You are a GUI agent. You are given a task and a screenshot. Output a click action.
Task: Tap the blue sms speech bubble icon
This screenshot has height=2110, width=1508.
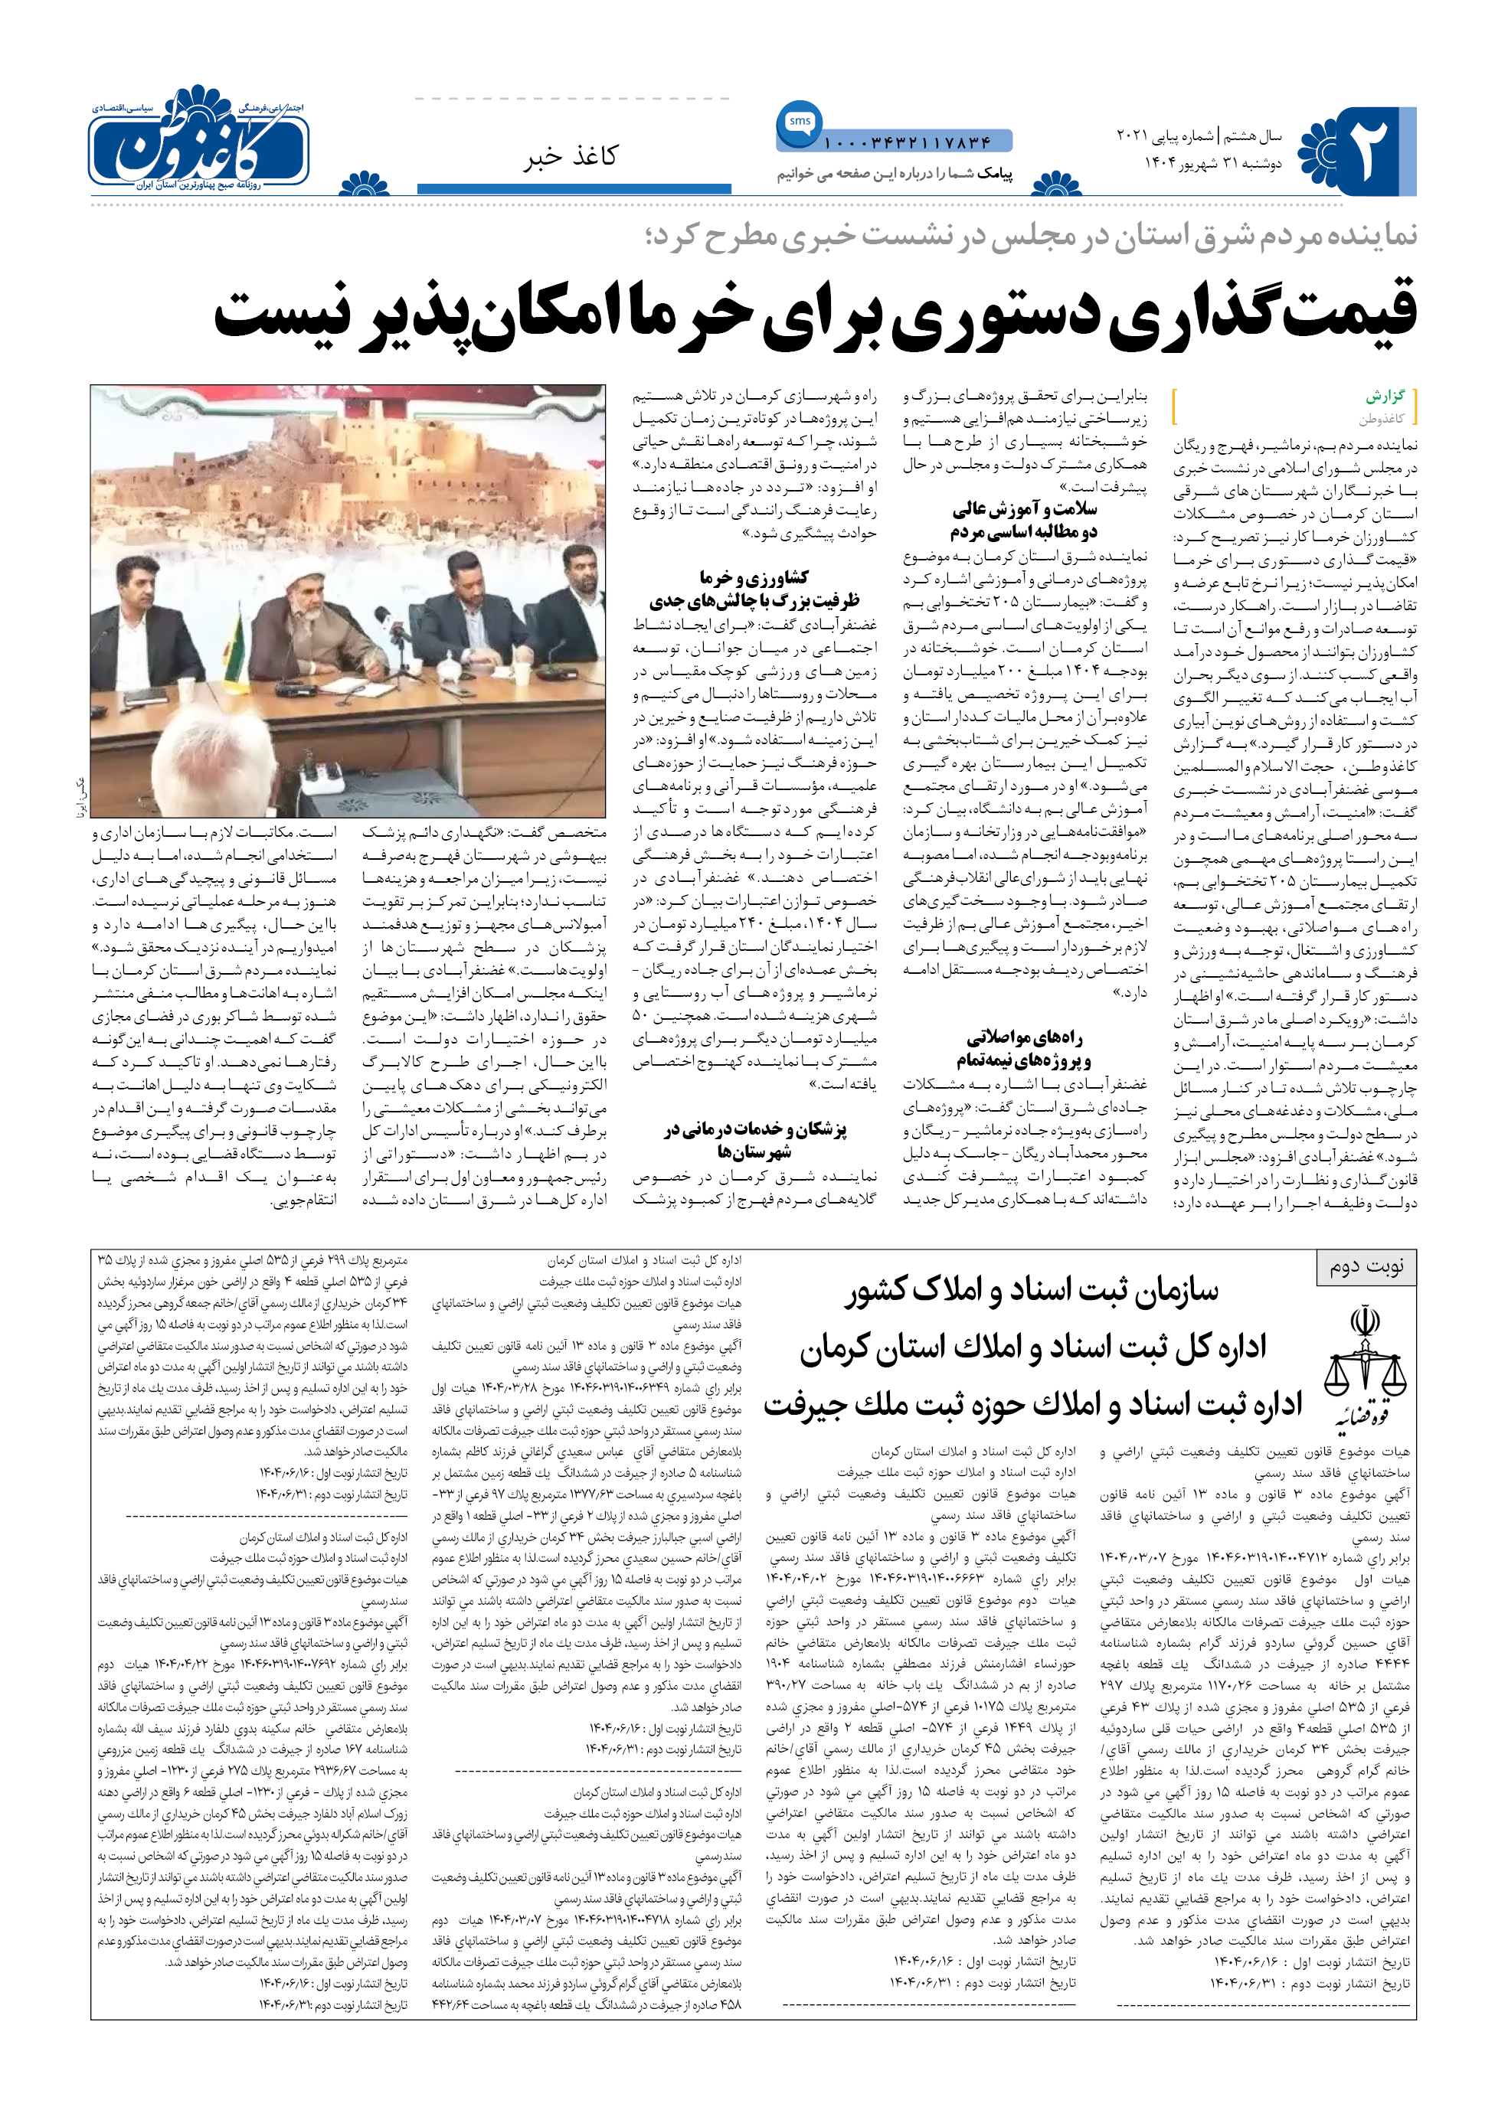[799, 123]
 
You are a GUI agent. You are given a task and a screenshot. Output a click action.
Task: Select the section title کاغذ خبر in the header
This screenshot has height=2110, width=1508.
[570, 157]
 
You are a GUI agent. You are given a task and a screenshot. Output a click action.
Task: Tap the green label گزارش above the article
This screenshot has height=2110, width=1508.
[1385, 397]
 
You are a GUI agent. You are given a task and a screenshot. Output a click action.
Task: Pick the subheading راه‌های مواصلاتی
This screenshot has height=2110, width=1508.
[1024, 1037]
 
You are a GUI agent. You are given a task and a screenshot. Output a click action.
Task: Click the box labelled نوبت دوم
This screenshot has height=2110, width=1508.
[1366, 1266]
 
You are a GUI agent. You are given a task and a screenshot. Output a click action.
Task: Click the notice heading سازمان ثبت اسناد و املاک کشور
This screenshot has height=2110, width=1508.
[1031, 1289]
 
